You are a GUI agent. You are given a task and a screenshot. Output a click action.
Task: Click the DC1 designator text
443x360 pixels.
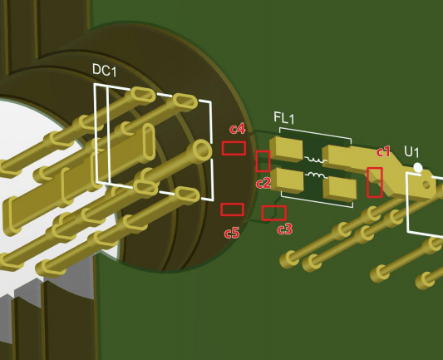coord(104,70)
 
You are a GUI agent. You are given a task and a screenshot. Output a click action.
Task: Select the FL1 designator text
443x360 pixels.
coord(284,118)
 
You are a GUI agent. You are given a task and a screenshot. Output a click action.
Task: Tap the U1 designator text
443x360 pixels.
coord(411,152)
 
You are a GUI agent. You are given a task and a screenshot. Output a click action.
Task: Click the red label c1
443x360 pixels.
coord(383,152)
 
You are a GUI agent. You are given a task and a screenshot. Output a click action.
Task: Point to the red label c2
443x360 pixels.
coord(263,183)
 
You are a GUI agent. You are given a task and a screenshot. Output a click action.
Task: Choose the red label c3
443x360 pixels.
coord(284,229)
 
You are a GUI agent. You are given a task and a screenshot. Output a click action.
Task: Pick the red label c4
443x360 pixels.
coord(238,129)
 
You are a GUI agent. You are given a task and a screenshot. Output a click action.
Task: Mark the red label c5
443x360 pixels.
coord(232,233)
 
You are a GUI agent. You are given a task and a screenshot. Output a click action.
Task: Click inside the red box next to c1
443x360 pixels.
coord(375,182)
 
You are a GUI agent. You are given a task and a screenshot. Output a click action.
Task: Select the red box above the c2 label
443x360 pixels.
coord(263,161)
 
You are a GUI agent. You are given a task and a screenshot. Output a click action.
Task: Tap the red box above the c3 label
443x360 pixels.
coord(273,213)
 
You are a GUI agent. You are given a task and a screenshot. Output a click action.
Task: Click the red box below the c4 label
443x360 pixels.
coord(234,148)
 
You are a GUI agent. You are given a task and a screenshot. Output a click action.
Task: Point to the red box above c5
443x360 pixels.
coord(232,210)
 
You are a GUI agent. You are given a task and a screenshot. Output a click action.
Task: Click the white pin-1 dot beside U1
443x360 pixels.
coord(418,168)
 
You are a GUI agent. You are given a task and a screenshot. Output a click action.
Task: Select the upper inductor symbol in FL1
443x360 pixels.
coord(316,160)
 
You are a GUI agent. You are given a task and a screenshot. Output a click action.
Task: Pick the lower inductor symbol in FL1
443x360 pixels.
coord(317,175)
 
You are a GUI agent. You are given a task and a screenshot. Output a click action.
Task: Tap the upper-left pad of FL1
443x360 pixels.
coord(286,149)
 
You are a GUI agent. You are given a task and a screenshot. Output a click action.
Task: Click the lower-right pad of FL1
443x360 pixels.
coord(339,188)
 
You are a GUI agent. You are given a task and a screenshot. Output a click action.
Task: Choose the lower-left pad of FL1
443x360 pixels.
coord(287,180)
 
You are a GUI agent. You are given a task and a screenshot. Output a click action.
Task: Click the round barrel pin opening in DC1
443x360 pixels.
coord(201,150)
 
